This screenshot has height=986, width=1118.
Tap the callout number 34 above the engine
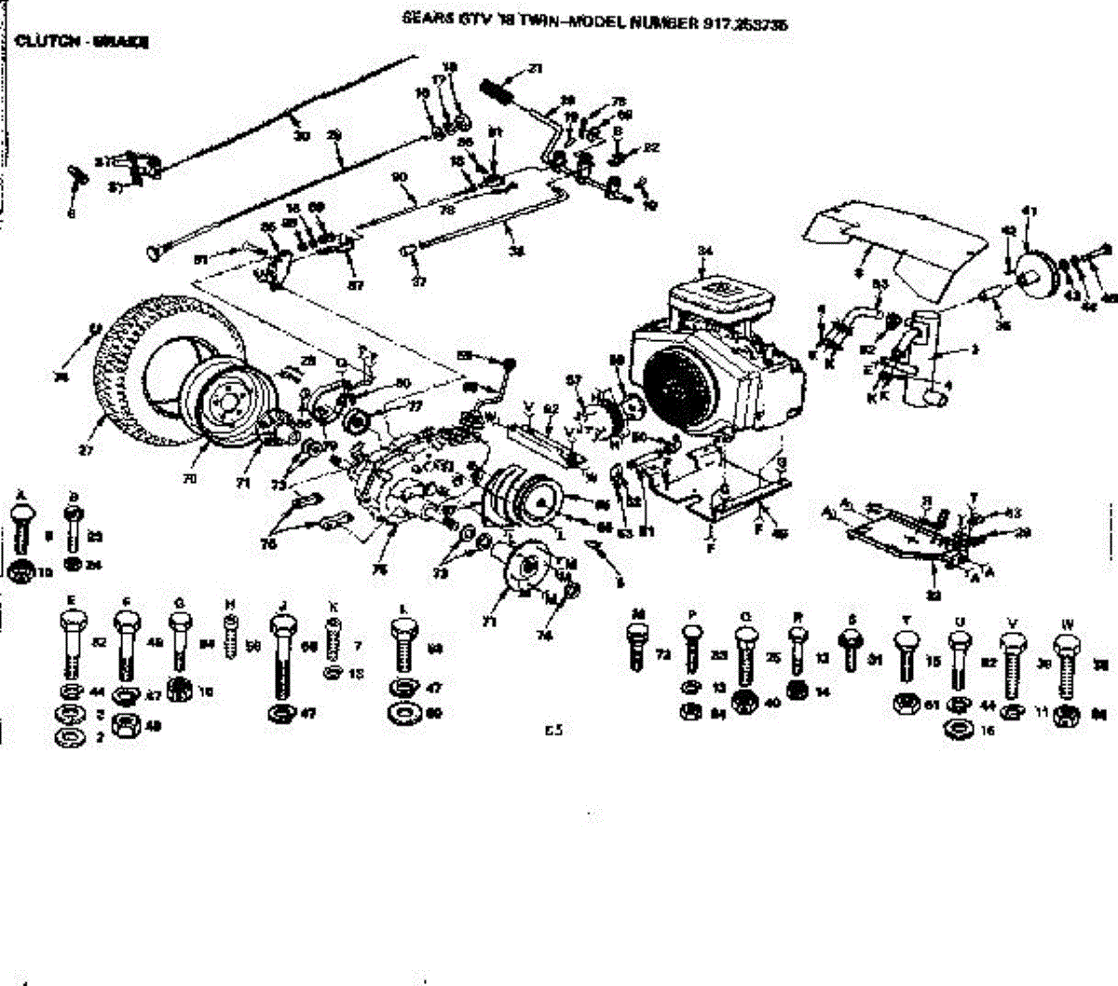(x=704, y=251)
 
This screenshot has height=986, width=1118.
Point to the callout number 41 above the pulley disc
(x=1029, y=212)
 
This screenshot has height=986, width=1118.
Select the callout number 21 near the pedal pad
(x=535, y=68)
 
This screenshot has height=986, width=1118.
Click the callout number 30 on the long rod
(x=300, y=136)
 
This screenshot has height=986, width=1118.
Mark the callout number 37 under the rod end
(x=418, y=281)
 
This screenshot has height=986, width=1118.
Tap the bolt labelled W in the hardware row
(x=1067, y=666)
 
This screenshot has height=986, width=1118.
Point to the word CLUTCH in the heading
(x=41, y=42)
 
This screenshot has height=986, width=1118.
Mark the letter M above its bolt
(x=638, y=615)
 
